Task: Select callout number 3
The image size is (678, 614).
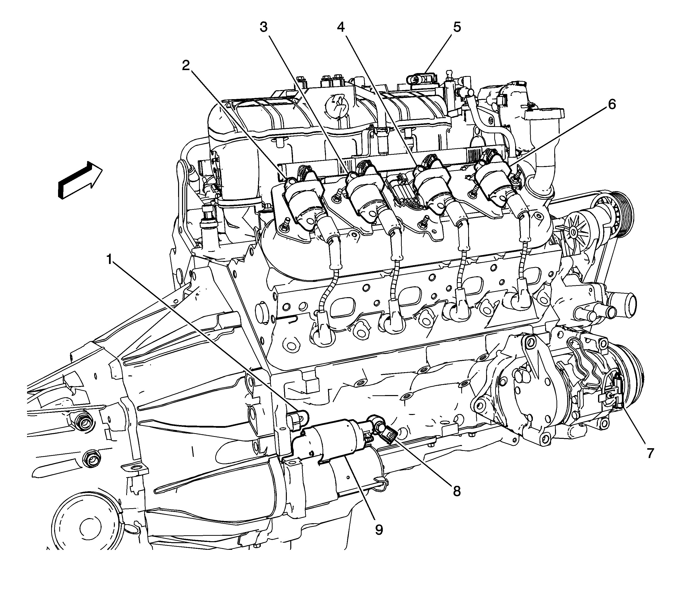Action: pos(264,27)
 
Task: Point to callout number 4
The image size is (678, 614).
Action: pos(341,27)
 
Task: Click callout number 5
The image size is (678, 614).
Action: pos(457,27)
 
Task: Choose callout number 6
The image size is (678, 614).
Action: pos(612,104)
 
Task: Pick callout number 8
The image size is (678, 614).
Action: pos(456,491)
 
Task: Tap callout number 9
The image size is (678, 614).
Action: pos(379,530)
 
